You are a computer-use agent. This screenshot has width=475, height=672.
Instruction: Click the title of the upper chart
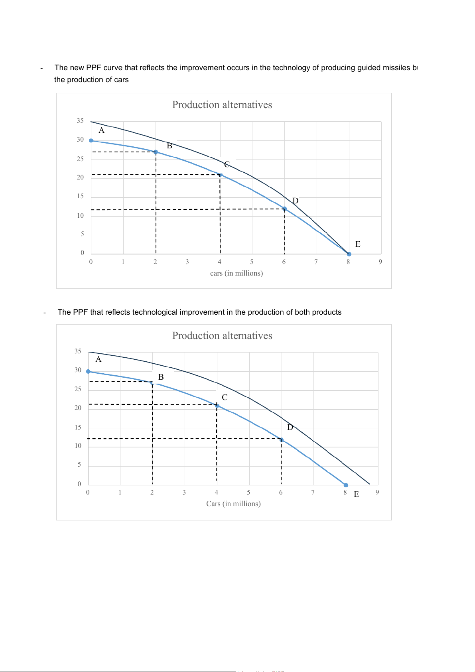[x=222, y=105]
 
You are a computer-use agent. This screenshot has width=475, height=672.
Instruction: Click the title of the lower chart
[x=222, y=336]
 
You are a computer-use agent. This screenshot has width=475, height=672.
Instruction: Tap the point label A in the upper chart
[x=102, y=130]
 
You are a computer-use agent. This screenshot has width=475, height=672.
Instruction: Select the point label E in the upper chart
[x=358, y=244]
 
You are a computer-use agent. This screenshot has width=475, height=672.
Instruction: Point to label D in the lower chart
[x=290, y=427]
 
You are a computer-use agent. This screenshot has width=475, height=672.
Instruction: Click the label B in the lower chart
[x=161, y=377]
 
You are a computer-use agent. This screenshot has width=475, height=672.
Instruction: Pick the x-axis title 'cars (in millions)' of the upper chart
[x=237, y=273]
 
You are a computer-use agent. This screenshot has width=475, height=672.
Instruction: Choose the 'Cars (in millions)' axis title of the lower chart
[x=233, y=504]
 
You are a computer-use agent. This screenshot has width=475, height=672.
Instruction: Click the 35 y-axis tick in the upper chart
[x=80, y=121]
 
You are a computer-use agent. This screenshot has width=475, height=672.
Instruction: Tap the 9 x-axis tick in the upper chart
[x=380, y=262]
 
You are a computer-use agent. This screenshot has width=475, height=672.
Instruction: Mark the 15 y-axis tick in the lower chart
[x=78, y=428]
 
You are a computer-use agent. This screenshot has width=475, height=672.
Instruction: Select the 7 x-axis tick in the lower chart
[x=313, y=493]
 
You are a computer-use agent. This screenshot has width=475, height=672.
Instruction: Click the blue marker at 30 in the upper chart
[x=91, y=141]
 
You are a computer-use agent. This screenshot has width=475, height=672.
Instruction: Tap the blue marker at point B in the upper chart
[x=156, y=152]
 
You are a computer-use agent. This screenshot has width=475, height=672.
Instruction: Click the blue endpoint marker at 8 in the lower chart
[x=346, y=485]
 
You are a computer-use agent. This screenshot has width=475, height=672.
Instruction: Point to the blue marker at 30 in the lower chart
[x=88, y=371]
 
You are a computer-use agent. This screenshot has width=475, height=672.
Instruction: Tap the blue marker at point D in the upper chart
[x=284, y=209]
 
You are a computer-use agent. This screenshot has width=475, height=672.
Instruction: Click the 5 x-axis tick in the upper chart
[x=252, y=262]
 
